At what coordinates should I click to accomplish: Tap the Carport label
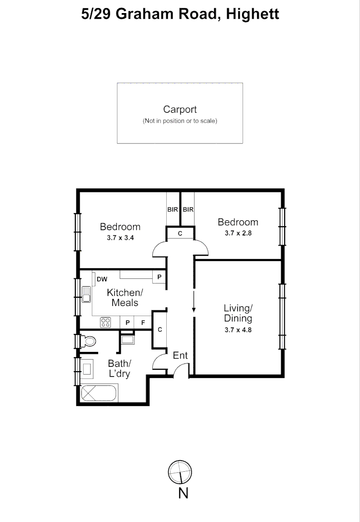click(x=180, y=110)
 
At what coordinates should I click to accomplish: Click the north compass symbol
click(x=180, y=471)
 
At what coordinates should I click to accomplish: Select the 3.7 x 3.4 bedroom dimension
click(x=120, y=237)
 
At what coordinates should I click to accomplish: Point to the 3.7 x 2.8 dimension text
click(x=238, y=232)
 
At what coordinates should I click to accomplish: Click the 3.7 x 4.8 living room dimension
click(x=238, y=330)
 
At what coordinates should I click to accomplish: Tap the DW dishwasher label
click(x=102, y=279)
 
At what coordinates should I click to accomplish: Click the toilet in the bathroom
click(x=88, y=341)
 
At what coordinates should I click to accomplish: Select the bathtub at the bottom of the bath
click(x=99, y=393)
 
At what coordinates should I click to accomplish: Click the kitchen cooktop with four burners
click(x=106, y=322)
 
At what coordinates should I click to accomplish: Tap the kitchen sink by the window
click(x=86, y=294)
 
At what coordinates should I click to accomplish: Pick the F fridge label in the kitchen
click(x=143, y=322)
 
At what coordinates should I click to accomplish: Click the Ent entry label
click(x=180, y=356)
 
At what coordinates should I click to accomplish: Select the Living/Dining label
click(x=238, y=313)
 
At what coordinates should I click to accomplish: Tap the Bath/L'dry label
click(x=119, y=368)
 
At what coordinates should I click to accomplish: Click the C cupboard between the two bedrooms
click(x=180, y=234)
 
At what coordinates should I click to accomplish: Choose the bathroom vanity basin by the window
click(x=88, y=370)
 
